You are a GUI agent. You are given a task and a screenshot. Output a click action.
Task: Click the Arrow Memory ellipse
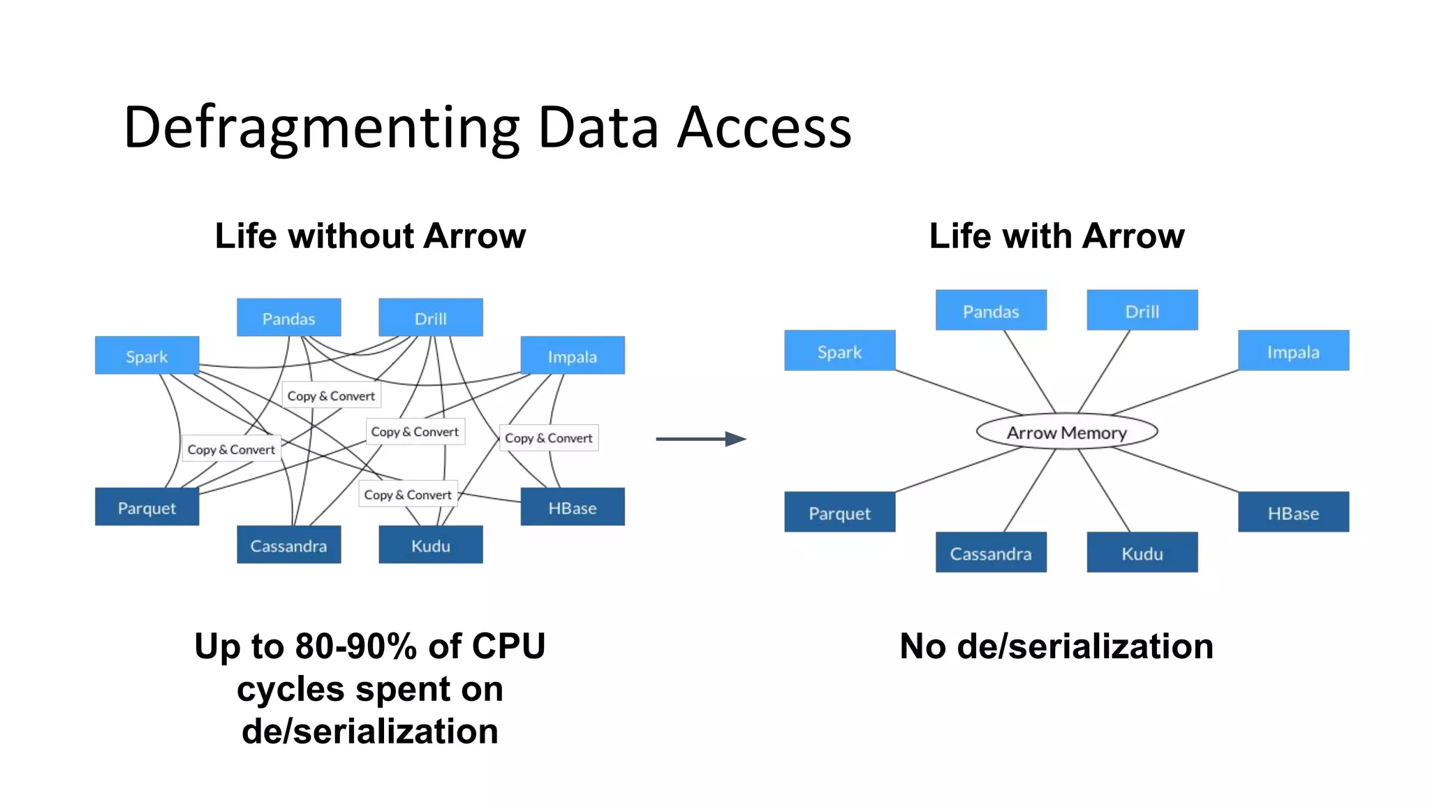point(1066,432)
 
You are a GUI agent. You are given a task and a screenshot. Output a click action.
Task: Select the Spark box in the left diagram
point(147,356)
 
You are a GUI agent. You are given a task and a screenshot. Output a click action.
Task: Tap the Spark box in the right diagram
point(839,351)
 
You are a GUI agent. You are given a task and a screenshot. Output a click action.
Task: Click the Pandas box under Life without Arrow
point(288,318)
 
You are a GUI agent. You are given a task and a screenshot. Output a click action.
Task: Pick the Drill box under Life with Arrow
point(1142,310)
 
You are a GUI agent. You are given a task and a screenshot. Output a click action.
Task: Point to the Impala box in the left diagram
point(572,356)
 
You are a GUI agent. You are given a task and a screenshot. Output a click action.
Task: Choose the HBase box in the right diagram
point(1293,512)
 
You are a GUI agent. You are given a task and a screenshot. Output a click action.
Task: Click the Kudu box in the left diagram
point(430,545)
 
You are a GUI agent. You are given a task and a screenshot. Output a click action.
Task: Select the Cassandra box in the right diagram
point(990,553)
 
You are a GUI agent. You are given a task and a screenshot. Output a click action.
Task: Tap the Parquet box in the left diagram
point(147,507)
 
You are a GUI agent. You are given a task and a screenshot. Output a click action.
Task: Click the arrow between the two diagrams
point(700,439)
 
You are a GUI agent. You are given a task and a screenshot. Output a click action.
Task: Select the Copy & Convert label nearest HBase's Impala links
point(548,438)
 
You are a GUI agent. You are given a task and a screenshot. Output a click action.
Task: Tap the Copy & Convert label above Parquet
point(231,449)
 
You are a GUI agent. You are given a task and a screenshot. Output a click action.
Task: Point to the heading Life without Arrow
point(370,235)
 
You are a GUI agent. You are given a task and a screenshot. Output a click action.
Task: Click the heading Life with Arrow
point(1056,235)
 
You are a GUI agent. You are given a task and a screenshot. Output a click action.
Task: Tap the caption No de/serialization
point(1056,646)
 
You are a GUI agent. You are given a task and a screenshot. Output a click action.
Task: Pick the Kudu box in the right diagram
point(1142,553)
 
